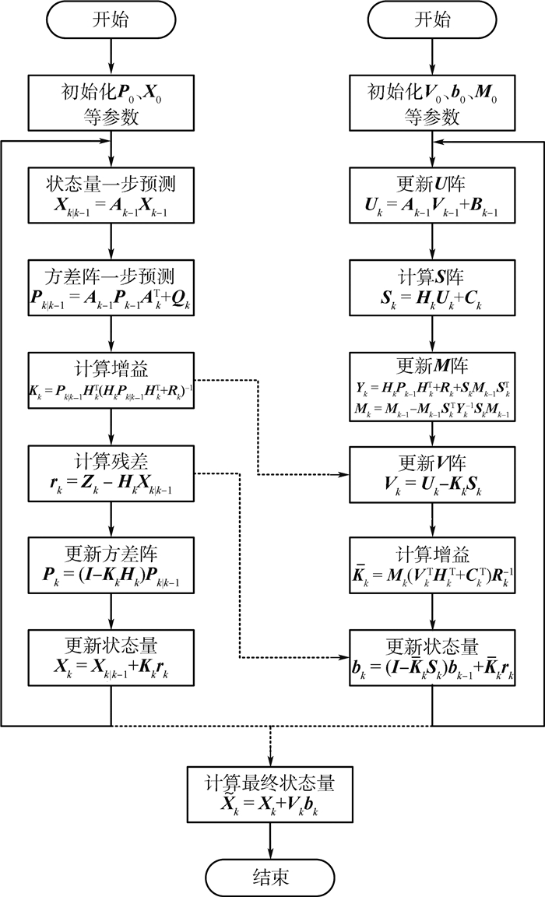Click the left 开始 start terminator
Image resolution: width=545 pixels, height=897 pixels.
[112, 20]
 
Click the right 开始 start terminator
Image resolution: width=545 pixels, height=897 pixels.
[432, 20]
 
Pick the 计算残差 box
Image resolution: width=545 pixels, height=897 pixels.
[112, 472]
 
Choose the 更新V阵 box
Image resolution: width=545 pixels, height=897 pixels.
[432, 472]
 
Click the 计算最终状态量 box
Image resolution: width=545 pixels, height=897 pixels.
[270, 793]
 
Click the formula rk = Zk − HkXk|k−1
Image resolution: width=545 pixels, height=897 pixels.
[112, 483]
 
